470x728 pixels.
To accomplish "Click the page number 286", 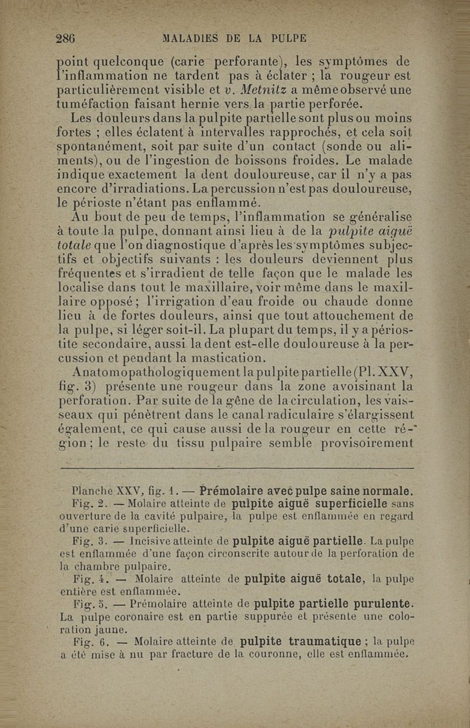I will [66, 39].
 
